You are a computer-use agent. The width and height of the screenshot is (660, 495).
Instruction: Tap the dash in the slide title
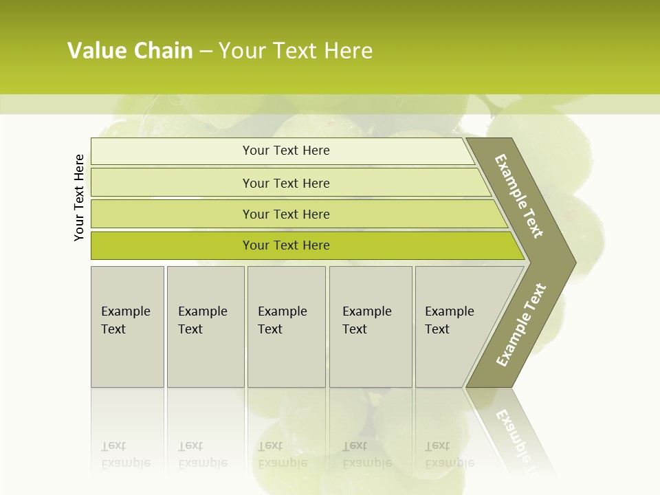coord(206,52)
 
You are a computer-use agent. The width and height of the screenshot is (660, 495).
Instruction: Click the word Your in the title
coord(240,51)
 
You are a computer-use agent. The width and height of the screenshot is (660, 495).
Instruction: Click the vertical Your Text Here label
coord(80,197)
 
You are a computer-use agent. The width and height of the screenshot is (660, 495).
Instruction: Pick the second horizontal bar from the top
coord(285,183)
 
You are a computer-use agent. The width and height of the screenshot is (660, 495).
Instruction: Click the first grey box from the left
coord(127,326)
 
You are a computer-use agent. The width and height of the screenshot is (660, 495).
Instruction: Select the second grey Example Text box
coord(206,326)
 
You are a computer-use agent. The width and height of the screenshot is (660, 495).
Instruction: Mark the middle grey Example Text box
coord(286,326)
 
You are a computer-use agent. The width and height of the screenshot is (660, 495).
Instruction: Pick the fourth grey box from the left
coord(371,326)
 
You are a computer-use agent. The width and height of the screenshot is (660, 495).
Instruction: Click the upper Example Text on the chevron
coord(519,196)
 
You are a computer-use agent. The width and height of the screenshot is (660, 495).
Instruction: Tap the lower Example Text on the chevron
coord(521,325)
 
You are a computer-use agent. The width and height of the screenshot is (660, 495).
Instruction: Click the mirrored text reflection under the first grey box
coord(125,454)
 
